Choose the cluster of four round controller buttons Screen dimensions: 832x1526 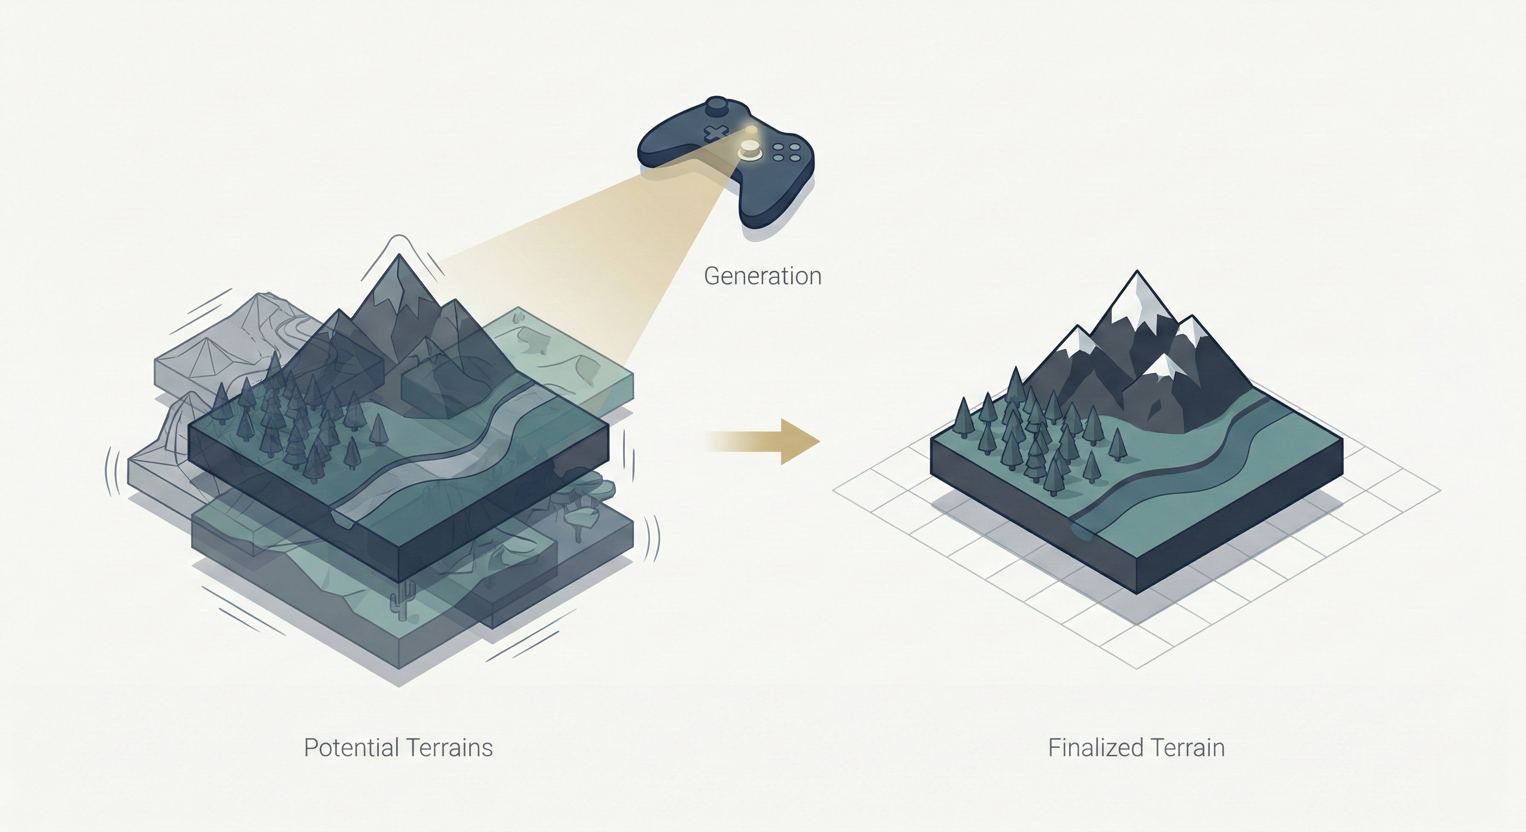point(787,152)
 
